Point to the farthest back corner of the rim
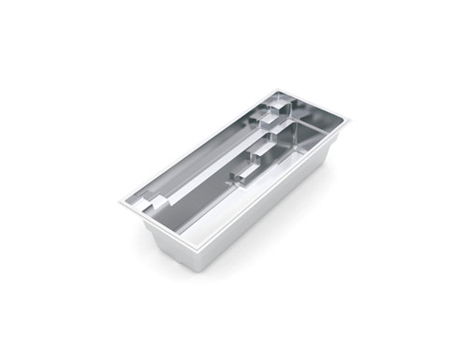277,91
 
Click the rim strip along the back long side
197,144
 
